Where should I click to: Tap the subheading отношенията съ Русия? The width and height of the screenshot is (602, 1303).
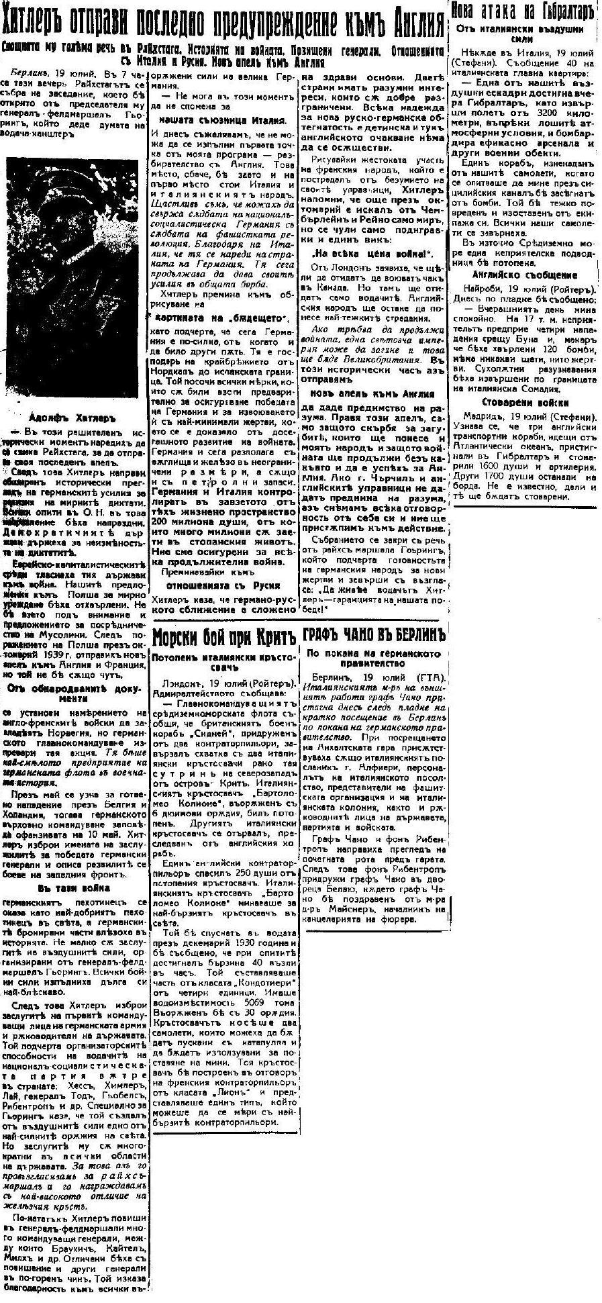pos(222,583)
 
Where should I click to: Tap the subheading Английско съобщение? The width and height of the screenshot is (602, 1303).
pos(525,275)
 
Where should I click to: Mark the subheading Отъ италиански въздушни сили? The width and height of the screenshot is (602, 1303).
pos(525,34)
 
